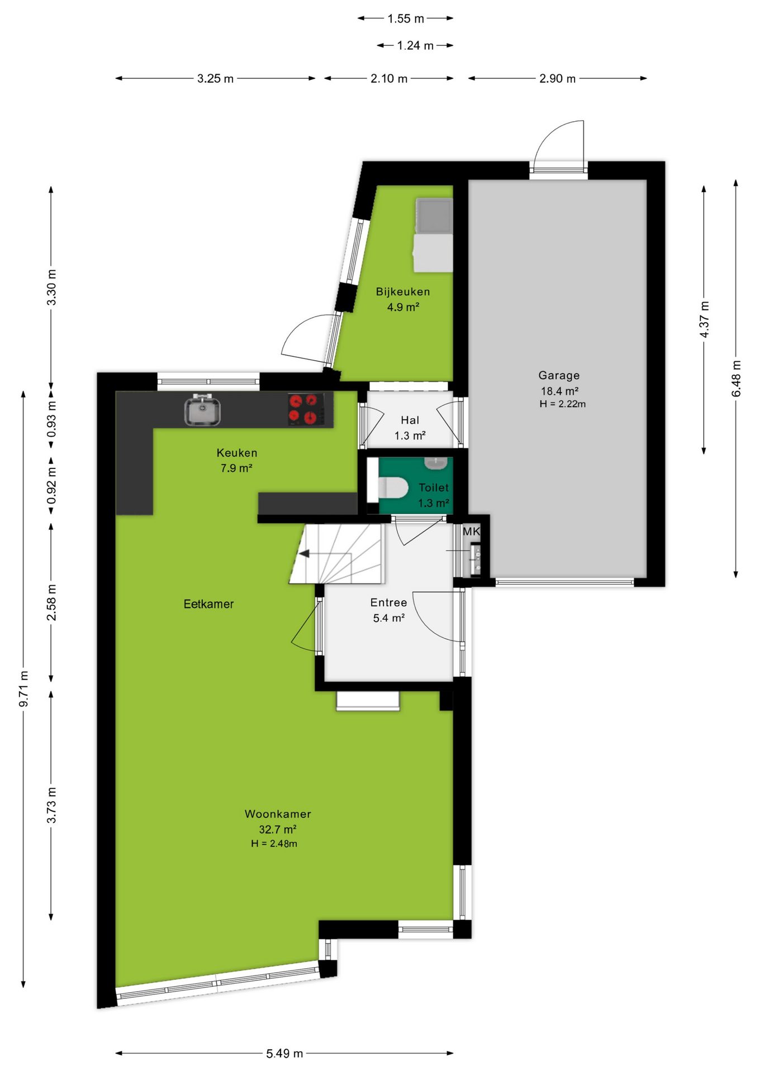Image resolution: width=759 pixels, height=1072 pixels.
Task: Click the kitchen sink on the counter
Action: pos(202,409)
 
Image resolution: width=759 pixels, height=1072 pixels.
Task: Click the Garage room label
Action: pos(559,375)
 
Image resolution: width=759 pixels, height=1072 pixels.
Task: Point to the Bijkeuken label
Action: pos(403,291)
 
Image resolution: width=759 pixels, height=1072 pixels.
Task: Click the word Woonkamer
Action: pos(278,814)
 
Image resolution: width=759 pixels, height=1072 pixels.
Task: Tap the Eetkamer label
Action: pos(208,604)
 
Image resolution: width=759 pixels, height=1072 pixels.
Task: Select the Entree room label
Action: pos(388,602)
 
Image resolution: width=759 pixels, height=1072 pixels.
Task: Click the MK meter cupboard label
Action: pos(471,532)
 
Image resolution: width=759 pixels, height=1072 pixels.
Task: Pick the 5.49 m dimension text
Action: pos(284,1054)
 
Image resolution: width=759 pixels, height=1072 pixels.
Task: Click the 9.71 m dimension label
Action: pos(23,688)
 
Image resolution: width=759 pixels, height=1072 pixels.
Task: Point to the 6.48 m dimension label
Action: pos(736,379)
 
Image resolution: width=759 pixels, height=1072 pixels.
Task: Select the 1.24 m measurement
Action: pos(415,45)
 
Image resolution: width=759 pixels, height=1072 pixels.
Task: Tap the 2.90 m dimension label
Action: pos(557,79)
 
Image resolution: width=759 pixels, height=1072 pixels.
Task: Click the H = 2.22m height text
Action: pos(563,404)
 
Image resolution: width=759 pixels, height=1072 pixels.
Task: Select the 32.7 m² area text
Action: pos(277,829)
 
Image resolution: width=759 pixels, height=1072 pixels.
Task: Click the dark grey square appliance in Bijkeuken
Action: pos(434,216)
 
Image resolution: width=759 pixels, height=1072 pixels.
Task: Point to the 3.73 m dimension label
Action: pos(51,805)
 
